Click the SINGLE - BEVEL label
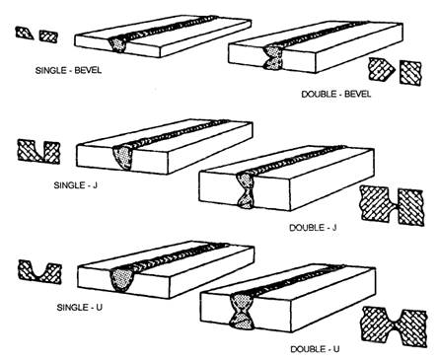pyautogui.click(x=68, y=70)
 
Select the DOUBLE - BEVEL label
pyautogui.click(x=336, y=94)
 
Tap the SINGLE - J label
pyautogui.click(x=76, y=185)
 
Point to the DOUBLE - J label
pyautogui.click(x=313, y=228)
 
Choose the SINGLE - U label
pyautogui.click(x=80, y=308)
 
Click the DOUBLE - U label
pyautogui.click(x=315, y=349)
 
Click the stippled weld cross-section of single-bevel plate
pyautogui.click(x=118, y=44)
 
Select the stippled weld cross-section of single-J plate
pyautogui.click(x=123, y=158)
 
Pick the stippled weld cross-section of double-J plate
pyautogui.click(x=246, y=190)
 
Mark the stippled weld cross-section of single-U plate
pyautogui.click(x=121, y=280)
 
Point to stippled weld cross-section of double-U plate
pyautogui.click(x=243, y=312)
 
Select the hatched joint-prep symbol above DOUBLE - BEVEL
pyautogui.click(x=395, y=71)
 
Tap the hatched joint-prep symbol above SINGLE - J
pyautogui.click(x=38, y=152)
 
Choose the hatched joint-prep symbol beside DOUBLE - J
pyautogui.click(x=393, y=205)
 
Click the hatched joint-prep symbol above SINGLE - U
pyautogui.click(x=39, y=272)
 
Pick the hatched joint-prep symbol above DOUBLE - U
pyautogui.click(x=395, y=326)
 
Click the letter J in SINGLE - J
pyautogui.click(x=95, y=185)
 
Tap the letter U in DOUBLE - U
pyautogui.click(x=336, y=349)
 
